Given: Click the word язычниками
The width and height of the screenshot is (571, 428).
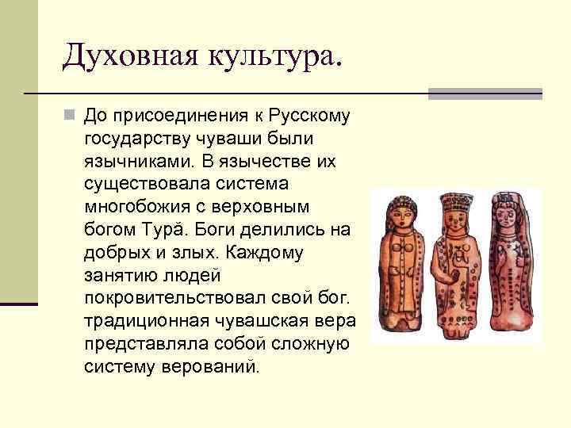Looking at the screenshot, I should pos(136,162).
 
